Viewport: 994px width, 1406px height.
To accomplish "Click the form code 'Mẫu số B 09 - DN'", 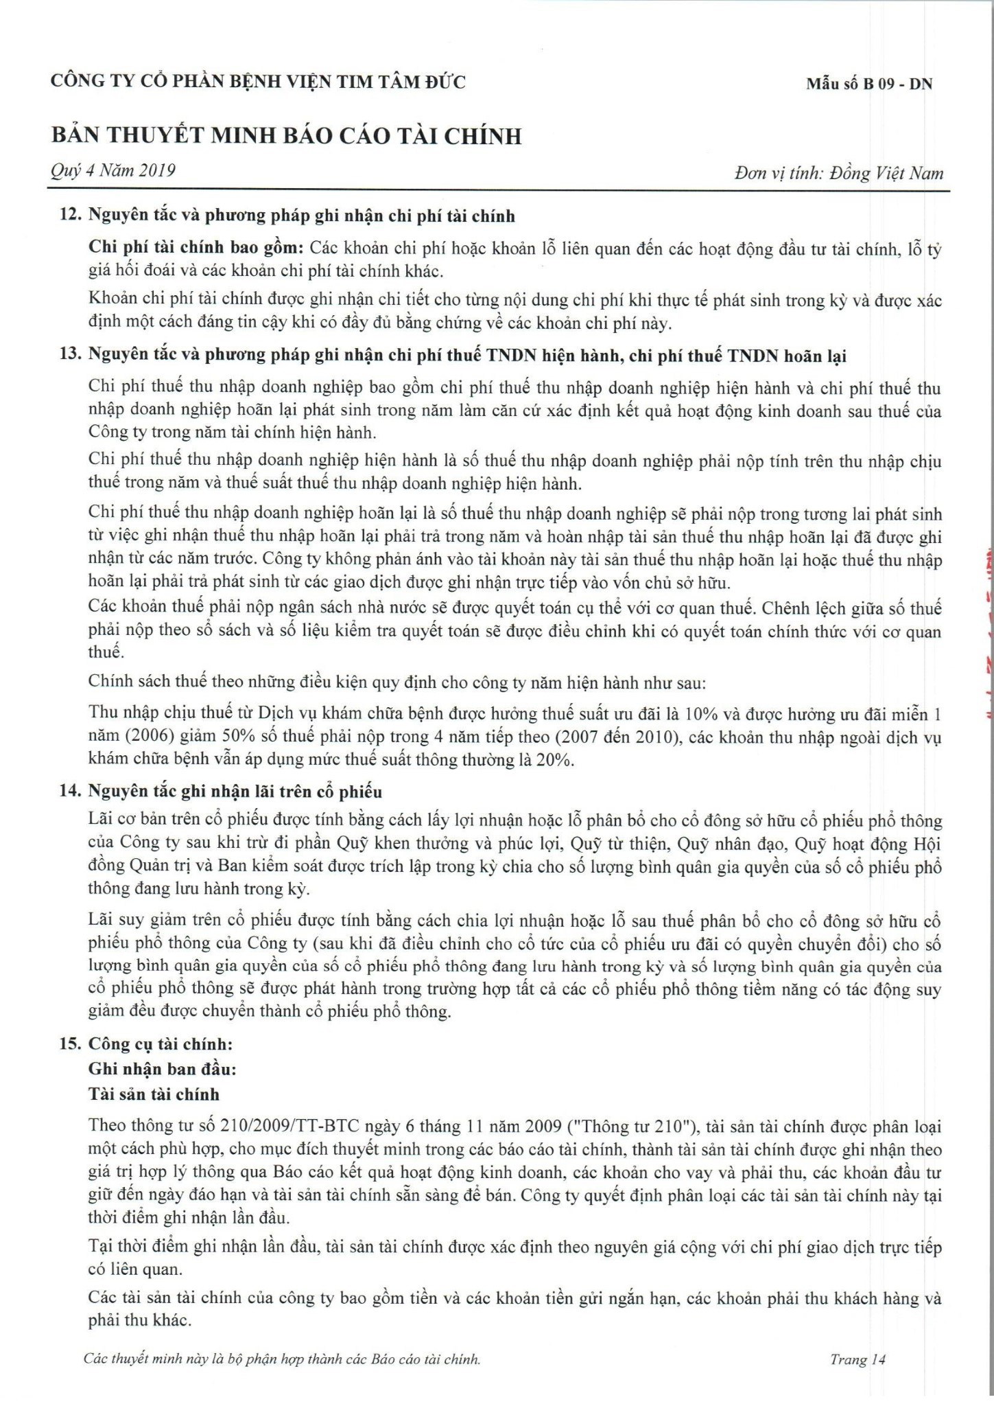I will point(869,84).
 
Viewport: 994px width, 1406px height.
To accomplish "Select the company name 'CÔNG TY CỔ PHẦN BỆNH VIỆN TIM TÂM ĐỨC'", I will point(258,82).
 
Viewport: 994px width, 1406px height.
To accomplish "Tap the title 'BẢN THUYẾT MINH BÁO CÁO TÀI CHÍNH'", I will point(286,136).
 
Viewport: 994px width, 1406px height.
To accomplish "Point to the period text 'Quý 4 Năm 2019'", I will point(113,170).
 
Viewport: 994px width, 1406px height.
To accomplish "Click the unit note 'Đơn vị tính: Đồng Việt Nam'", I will point(838,173).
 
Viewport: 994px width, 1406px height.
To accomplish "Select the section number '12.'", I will point(71,216).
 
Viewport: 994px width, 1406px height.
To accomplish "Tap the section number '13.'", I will point(71,357).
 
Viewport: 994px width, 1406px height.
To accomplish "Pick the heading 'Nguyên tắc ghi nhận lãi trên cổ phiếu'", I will point(235,792).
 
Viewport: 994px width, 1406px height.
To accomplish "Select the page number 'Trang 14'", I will point(859,1359).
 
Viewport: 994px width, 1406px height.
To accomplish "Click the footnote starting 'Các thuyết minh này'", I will point(281,1359).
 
